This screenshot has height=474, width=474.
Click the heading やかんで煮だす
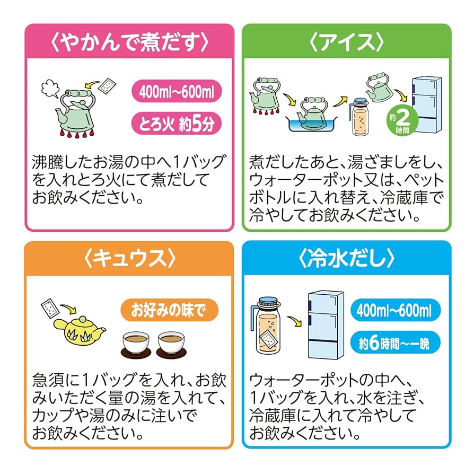129,41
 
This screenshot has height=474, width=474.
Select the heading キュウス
129,259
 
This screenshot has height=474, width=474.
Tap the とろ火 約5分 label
177,125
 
